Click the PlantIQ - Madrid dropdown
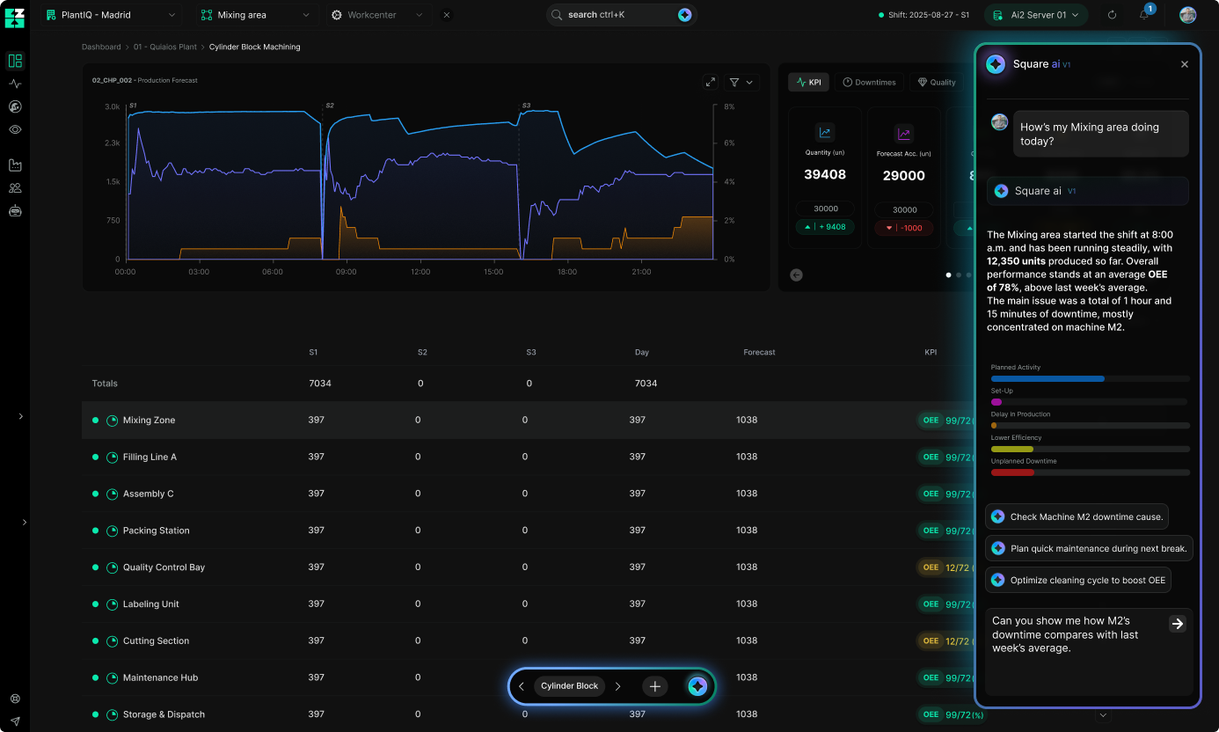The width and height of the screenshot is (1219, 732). pos(110,15)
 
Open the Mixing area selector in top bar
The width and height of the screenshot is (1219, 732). pos(255,15)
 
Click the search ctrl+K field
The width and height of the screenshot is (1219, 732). pos(616,15)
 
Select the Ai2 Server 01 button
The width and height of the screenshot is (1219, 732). pos(1035,15)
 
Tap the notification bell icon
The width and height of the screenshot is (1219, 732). pos(1144,15)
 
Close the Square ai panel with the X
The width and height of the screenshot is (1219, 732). pos(1185,64)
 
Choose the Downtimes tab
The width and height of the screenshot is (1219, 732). pos(869,82)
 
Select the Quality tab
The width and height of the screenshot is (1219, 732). pos(937,82)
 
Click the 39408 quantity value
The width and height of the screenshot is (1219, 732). pos(825,174)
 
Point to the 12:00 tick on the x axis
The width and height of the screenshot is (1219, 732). pos(420,272)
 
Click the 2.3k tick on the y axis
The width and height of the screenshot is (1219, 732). pos(113,143)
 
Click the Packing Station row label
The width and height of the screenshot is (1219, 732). pos(156,531)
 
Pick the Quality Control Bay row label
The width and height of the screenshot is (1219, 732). pos(164,567)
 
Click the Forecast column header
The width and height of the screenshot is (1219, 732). pos(759,352)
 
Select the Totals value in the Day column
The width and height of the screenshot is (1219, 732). pos(646,384)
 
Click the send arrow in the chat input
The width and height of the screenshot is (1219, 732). pos(1177,624)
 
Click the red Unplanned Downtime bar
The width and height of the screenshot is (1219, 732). pos(1012,472)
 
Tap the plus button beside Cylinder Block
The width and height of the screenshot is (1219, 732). pos(654,686)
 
